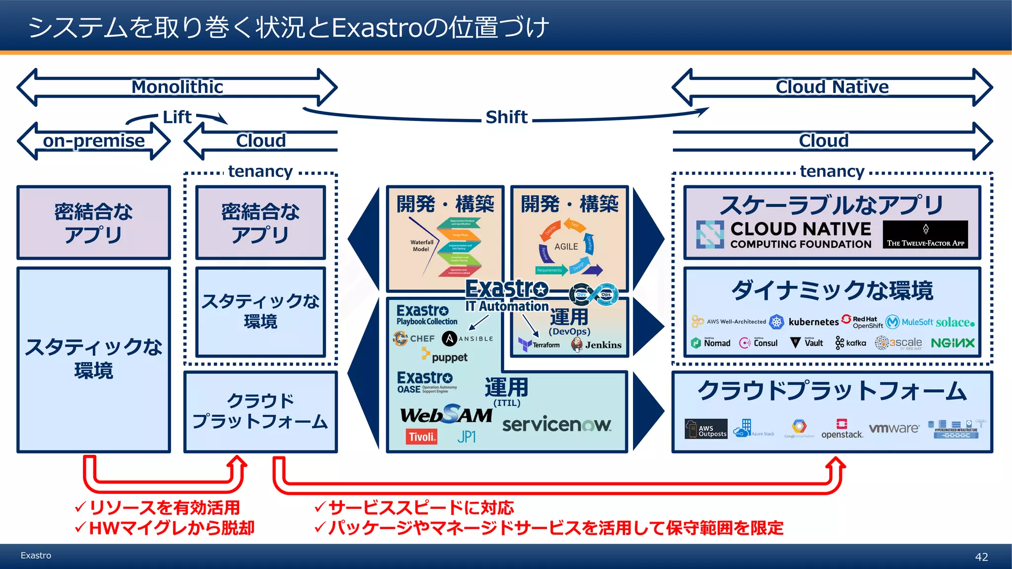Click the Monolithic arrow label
coord(177,87)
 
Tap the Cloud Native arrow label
coord(832,87)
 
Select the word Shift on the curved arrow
coord(506,117)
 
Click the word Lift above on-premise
coord(177,117)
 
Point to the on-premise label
coord(94,141)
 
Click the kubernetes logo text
coord(813,322)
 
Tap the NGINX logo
coord(953,343)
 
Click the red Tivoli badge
coord(422,437)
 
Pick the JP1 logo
coord(466,437)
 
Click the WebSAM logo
coord(446,415)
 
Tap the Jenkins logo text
coord(603,345)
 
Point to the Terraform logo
coord(540,344)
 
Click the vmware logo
coord(894,428)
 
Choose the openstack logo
coord(842,430)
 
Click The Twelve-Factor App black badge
coord(925,235)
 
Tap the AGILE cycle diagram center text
coord(566,246)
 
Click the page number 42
coord(981,557)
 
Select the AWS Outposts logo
coord(706,429)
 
